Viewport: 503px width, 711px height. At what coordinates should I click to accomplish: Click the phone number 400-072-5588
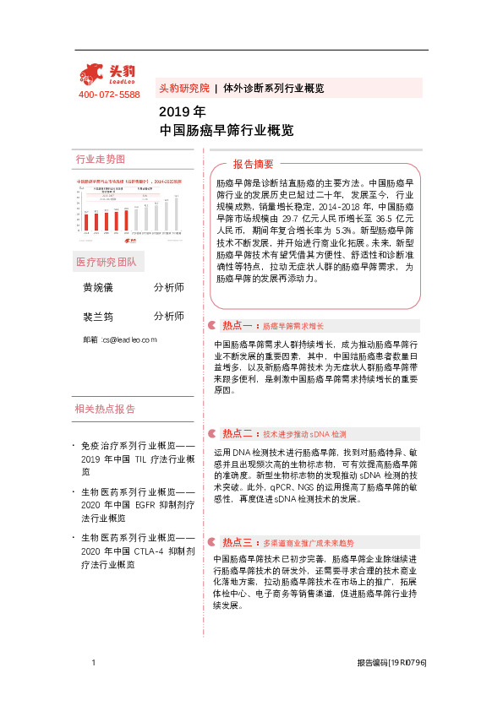tap(109, 95)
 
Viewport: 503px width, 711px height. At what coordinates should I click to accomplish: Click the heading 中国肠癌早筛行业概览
tap(227, 131)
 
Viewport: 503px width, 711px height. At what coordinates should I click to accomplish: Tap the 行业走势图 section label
tap(101, 159)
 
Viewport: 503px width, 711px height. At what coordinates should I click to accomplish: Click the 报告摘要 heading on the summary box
tap(254, 164)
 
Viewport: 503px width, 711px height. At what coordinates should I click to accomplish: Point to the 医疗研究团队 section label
tap(111, 261)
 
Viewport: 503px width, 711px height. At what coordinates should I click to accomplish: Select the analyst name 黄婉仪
tap(97, 288)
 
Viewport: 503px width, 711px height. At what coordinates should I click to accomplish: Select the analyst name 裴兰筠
tap(97, 316)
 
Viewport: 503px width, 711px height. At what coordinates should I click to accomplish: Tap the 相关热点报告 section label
tap(105, 409)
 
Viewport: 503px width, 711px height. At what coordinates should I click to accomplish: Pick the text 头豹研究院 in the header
tap(183, 88)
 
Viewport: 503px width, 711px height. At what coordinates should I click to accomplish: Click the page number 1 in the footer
tap(93, 664)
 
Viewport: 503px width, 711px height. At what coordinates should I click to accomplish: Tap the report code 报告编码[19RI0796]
tap(391, 664)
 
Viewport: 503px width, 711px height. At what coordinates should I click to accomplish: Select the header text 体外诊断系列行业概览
tap(274, 88)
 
